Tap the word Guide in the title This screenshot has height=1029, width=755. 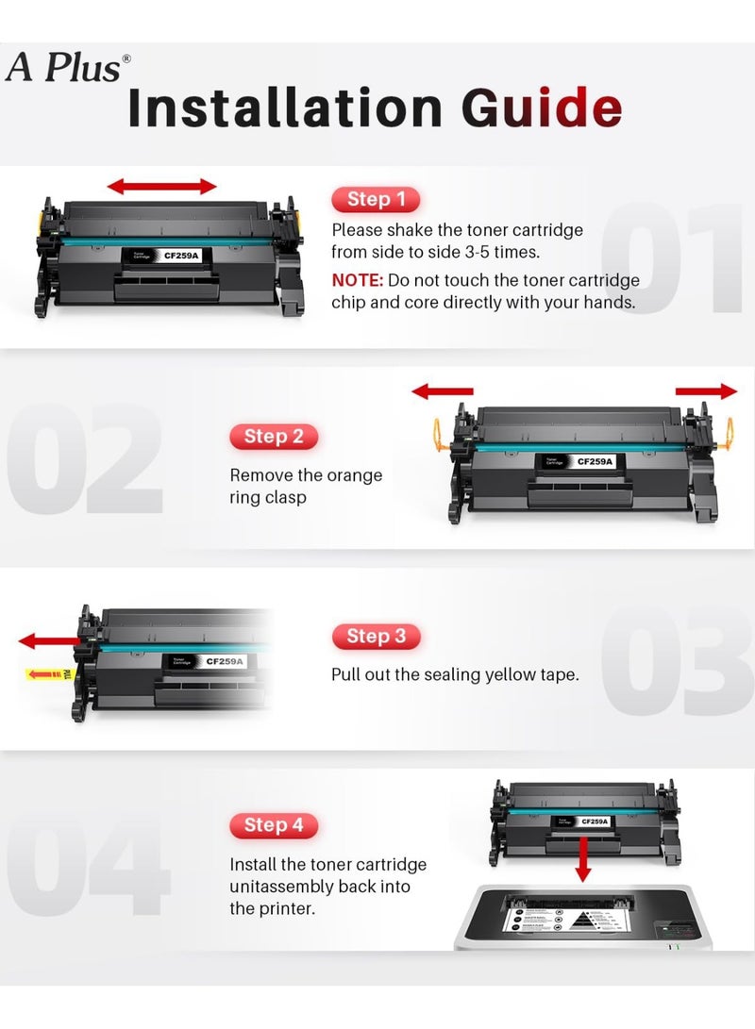542,108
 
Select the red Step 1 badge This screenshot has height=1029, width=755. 375,199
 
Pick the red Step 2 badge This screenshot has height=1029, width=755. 274,436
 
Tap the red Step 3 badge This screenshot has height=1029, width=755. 375,636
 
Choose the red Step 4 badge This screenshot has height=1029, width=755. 274,825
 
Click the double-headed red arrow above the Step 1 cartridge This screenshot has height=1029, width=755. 162,186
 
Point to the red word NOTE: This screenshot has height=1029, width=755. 357,280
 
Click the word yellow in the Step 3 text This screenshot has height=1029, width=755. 506,674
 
